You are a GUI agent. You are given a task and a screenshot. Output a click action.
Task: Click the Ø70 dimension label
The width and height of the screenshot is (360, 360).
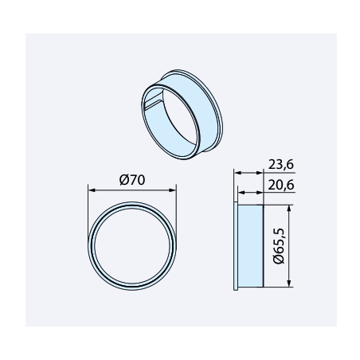tap(132, 180)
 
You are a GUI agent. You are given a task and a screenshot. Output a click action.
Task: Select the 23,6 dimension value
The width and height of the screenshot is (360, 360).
tap(281, 165)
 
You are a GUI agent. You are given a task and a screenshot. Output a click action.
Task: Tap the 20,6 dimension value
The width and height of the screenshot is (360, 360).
tap(281, 185)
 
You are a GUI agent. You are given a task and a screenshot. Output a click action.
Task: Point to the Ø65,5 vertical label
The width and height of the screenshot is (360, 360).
tap(279, 245)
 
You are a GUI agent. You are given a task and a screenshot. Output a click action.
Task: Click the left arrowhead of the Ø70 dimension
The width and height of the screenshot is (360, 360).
tap(92, 190)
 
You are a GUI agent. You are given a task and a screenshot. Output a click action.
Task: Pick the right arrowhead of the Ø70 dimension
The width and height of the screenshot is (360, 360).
tap(173, 190)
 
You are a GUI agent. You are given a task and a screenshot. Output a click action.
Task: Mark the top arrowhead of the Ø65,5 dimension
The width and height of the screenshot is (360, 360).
tap(289, 208)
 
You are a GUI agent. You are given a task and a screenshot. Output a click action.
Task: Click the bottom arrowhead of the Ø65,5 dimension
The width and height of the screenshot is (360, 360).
tap(289, 284)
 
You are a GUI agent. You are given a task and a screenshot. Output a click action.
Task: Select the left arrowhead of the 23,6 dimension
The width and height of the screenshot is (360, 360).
tap(238, 173)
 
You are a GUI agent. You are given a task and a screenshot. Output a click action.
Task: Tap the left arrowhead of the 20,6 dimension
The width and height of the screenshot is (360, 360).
tap(241, 193)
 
